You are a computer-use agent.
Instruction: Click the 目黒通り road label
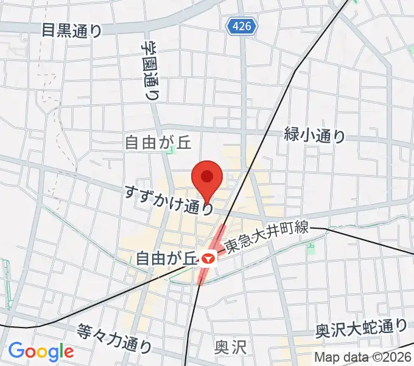[x=72, y=29]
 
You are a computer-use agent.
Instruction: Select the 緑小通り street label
[x=314, y=135]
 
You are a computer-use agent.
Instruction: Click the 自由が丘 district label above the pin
[x=149, y=143]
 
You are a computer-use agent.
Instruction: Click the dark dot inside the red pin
[x=206, y=176]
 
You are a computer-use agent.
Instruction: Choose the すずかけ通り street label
[x=170, y=199]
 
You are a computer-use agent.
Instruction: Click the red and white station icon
[x=209, y=259]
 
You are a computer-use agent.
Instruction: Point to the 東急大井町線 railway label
[x=267, y=238]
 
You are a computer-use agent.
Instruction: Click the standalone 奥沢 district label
[x=230, y=348]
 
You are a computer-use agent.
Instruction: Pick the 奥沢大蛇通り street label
[x=360, y=329]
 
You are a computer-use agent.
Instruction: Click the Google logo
[x=41, y=351]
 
